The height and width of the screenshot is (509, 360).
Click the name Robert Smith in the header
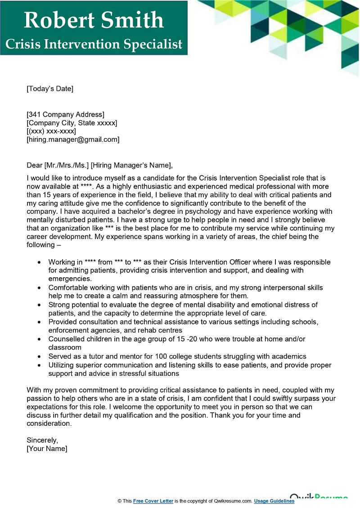(94, 20)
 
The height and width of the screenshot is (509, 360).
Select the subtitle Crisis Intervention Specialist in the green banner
(94, 44)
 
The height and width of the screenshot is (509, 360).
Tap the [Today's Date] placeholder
(49, 89)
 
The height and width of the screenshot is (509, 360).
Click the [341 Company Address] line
(65, 114)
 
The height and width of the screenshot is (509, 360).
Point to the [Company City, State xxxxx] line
(72, 123)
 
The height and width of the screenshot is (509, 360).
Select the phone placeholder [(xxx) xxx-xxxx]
(51, 131)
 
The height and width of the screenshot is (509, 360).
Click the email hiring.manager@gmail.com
(73, 140)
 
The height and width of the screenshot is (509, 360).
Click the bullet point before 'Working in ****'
(40, 262)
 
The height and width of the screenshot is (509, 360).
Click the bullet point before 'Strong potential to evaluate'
(40, 305)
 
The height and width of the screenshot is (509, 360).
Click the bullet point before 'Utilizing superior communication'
(40, 365)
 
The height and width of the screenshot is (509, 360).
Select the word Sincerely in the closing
(42, 440)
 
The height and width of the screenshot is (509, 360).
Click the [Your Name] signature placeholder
(47, 449)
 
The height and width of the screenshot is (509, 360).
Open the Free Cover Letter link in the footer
(153, 501)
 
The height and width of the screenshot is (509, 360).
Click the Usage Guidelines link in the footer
(274, 501)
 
